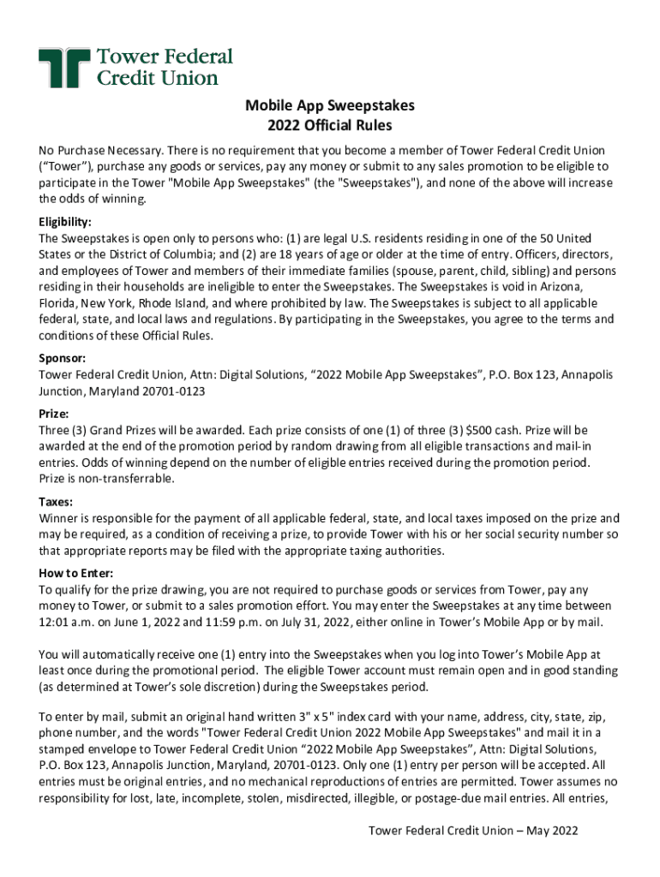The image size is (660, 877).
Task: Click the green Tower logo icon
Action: (64, 69)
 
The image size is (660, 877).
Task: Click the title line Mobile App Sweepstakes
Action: (330, 105)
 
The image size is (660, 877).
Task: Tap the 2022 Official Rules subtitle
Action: (330, 126)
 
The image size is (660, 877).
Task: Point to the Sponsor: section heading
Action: (63, 359)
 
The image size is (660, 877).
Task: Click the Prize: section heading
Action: (56, 413)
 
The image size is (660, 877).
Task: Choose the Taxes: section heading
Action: (56, 502)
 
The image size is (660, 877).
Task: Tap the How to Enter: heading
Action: (76, 573)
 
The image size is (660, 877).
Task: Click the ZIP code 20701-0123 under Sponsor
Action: (172, 391)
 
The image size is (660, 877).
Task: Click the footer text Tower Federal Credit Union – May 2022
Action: (473, 831)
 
